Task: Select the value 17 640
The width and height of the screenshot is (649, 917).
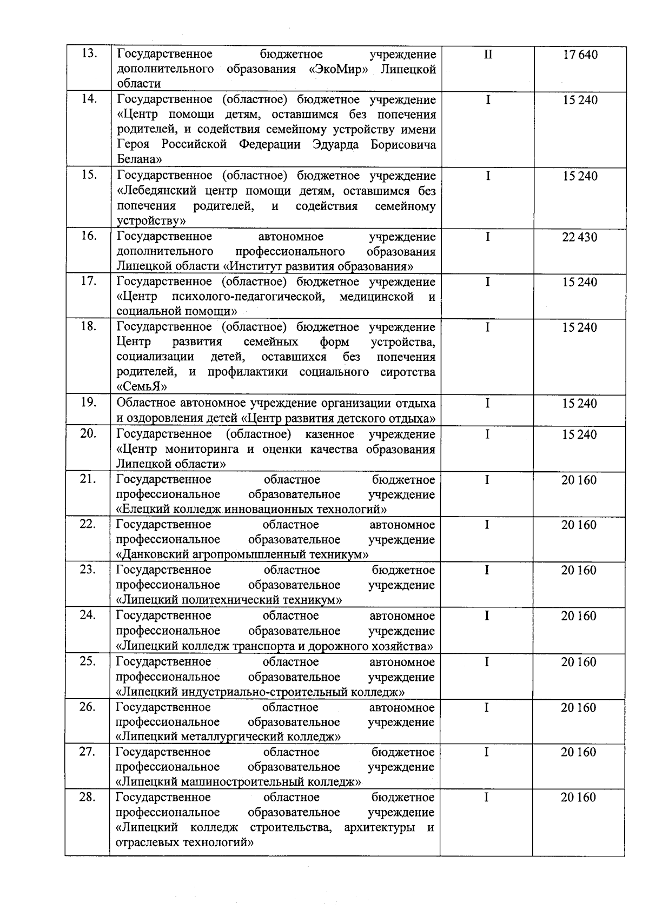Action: [x=580, y=55]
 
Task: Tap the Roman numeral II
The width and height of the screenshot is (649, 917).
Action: [x=488, y=55]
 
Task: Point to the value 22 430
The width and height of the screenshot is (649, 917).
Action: [x=580, y=237]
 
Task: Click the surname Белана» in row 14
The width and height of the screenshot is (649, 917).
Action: [x=140, y=159]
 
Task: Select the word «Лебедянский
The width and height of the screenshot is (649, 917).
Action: [x=157, y=191]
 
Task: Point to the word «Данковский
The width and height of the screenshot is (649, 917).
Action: [x=152, y=554]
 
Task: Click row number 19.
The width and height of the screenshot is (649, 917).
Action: [x=88, y=403]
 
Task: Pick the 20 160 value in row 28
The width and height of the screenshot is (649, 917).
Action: [x=579, y=798]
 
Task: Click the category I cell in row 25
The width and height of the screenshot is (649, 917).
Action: [x=487, y=662]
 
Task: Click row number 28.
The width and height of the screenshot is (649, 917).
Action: [x=88, y=797]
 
